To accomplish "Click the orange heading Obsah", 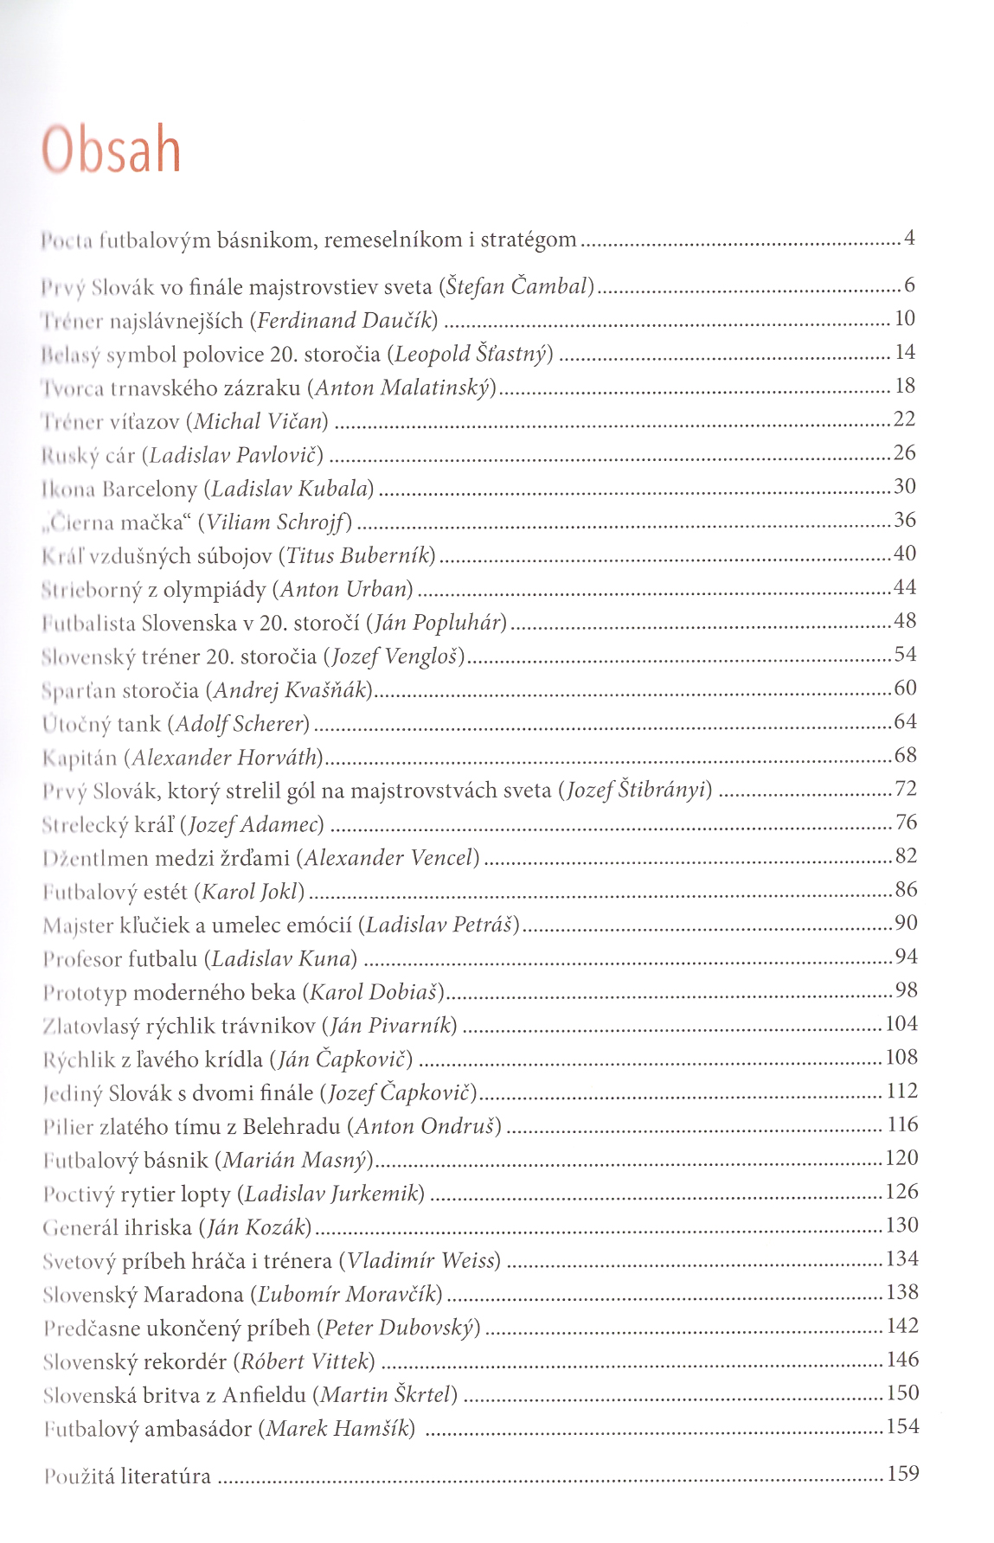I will pyautogui.click(x=112, y=150).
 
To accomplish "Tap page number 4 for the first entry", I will pyautogui.click(x=909, y=237).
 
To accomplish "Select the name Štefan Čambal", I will pyautogui.click(x=516, y=285).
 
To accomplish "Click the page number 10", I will pyautogui.click(x=904, y=319).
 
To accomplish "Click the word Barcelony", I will pyautogui.click(x=150, y=490).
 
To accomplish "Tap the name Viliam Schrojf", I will pyautogui.click(x=275, y=522).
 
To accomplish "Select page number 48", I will pyautogui.click(x=904, y=621).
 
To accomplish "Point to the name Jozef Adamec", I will pyautogui.click(x=252, y=824).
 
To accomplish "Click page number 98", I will pyautogui.click(x=906, y=990).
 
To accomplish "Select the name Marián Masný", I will pyautogui.click(x=294, y=1160).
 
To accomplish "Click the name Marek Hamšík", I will pyautogui.click(x=337, y=1429).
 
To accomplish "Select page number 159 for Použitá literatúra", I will pyautogui.click(x=902, y=1474).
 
